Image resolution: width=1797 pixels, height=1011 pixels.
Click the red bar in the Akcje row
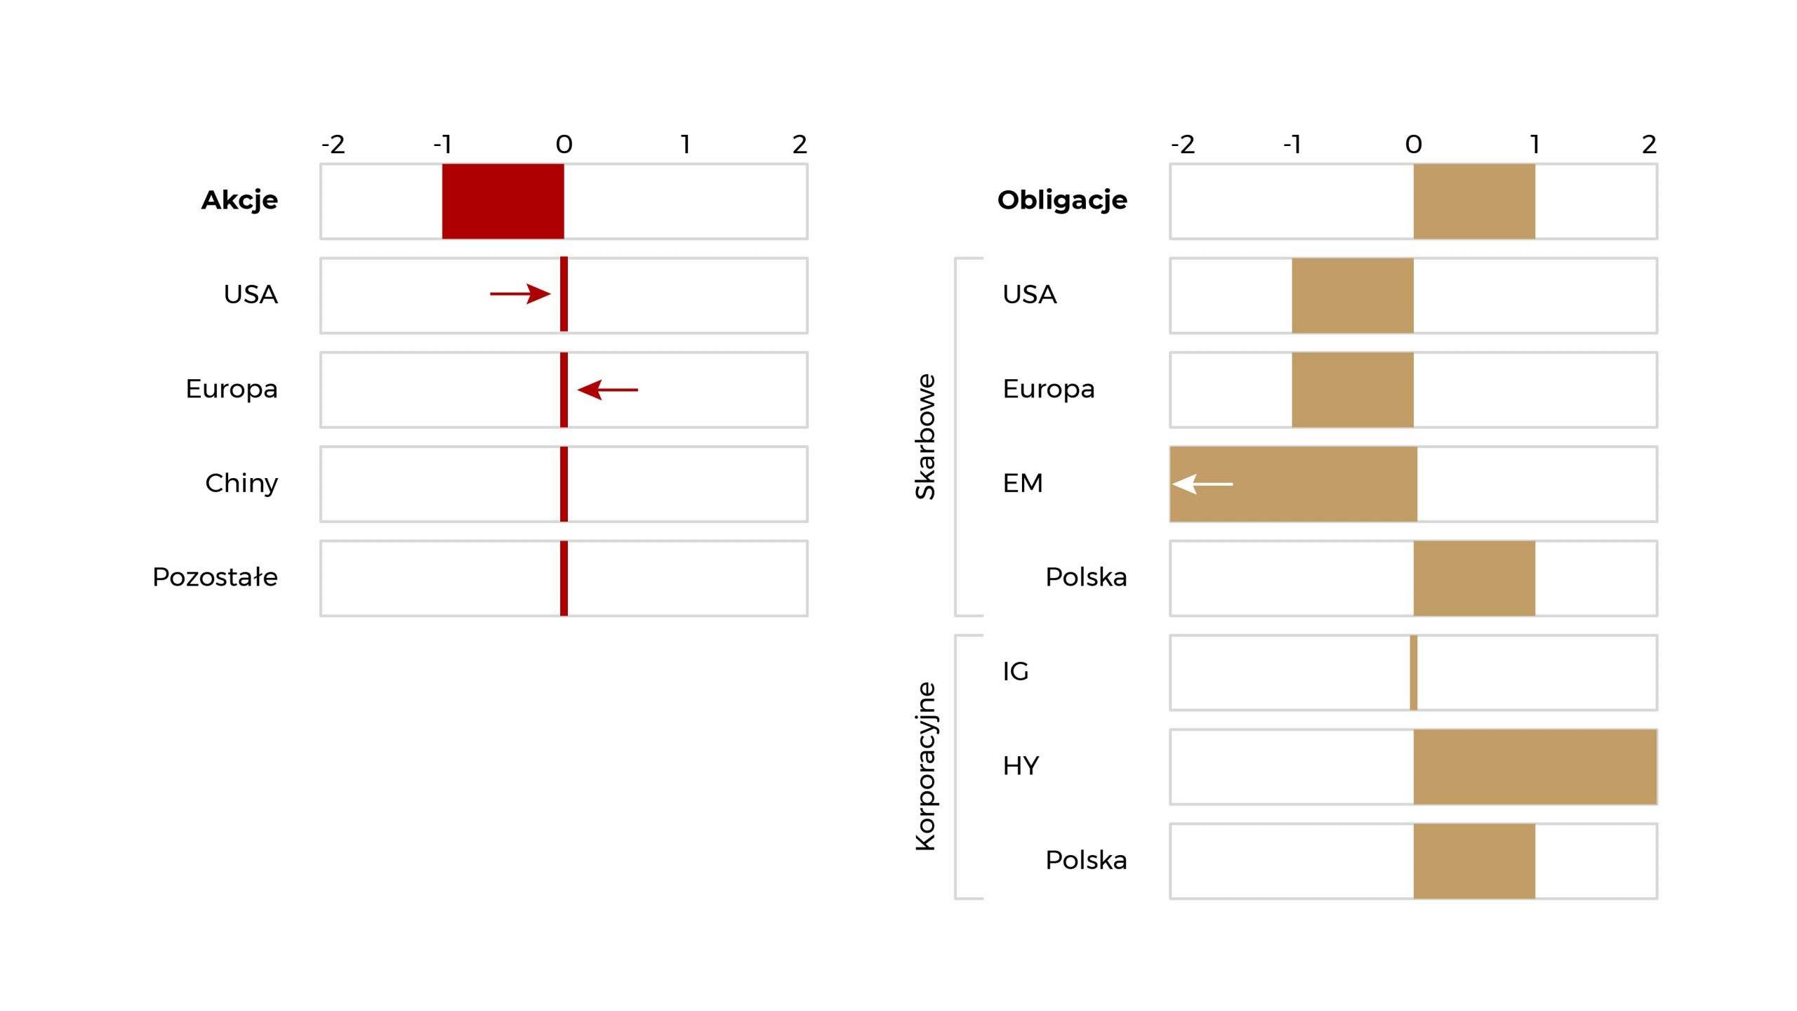pyautogui.click(x=503, y=201)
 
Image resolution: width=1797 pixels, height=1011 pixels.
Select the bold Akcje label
pyautogui.click(x=239, y=201)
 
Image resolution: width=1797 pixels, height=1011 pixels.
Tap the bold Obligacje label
pyautogui.click(x=1062, y=201)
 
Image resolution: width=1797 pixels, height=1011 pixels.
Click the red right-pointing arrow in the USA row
pyautogui.click(x=520, y=293)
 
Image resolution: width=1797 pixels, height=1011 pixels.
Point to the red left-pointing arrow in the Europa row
pyautogui.click(x=608, y=390)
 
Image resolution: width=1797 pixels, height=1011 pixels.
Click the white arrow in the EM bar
pyautogui.click(x=1202, y=484)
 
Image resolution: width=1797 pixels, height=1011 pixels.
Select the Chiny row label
pyautogui.click(x=241, y=484)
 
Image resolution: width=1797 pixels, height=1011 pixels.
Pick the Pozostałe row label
pyautogui.click(x=215, y=577)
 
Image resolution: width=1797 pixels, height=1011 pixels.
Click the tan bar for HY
pyautogui.click(x=1535, y=767)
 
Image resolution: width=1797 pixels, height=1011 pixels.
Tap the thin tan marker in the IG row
pyautogui.click(x=1414, y=673)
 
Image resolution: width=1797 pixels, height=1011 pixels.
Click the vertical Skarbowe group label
pyautogui.click(x=926, y=437)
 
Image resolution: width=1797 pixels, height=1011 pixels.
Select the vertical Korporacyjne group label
pyautogui.click(x=926, y=767)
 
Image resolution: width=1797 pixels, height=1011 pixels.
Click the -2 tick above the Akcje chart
pyautogui.click(x=333, y=145)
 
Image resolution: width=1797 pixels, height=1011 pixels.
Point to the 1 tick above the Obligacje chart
pyautogui.click(x=1535, y=145)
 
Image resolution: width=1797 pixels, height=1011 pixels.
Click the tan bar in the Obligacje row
pyautogui.click(x=1474, y=201)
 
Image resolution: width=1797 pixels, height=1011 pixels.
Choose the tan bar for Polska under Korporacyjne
pyautogui.click(x=1474, y=861)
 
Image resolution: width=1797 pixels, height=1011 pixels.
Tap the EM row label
pyautogui.click(x=1023, y=484)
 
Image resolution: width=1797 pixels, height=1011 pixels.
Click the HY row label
pyautogui.click(x=1021, y=766)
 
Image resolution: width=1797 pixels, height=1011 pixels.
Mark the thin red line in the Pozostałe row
pyautogui.click(x=564, y=579)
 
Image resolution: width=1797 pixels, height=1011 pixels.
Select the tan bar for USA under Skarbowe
pyautogui.click(x=1353, y=296)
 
